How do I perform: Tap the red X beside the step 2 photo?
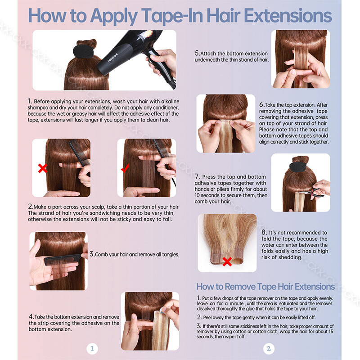(x=43, y=168)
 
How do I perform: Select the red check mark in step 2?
(x=125, y=168)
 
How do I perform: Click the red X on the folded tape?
(x=227, y=261)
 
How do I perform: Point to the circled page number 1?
(x=92, y=348)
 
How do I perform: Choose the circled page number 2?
(x=269, y=348)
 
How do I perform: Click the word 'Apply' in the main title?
(x=114, y=16)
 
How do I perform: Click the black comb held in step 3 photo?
(x=63, y=260)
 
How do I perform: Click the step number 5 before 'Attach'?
(x=197, y=53)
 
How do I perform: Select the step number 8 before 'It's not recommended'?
(x=264, y=232)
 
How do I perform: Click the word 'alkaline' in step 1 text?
(x=170, y=101)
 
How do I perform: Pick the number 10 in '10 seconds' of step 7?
(x=197, y=195)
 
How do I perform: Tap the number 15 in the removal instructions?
(x=331, y=331)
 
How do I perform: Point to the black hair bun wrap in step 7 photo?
(x=301, y=167)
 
